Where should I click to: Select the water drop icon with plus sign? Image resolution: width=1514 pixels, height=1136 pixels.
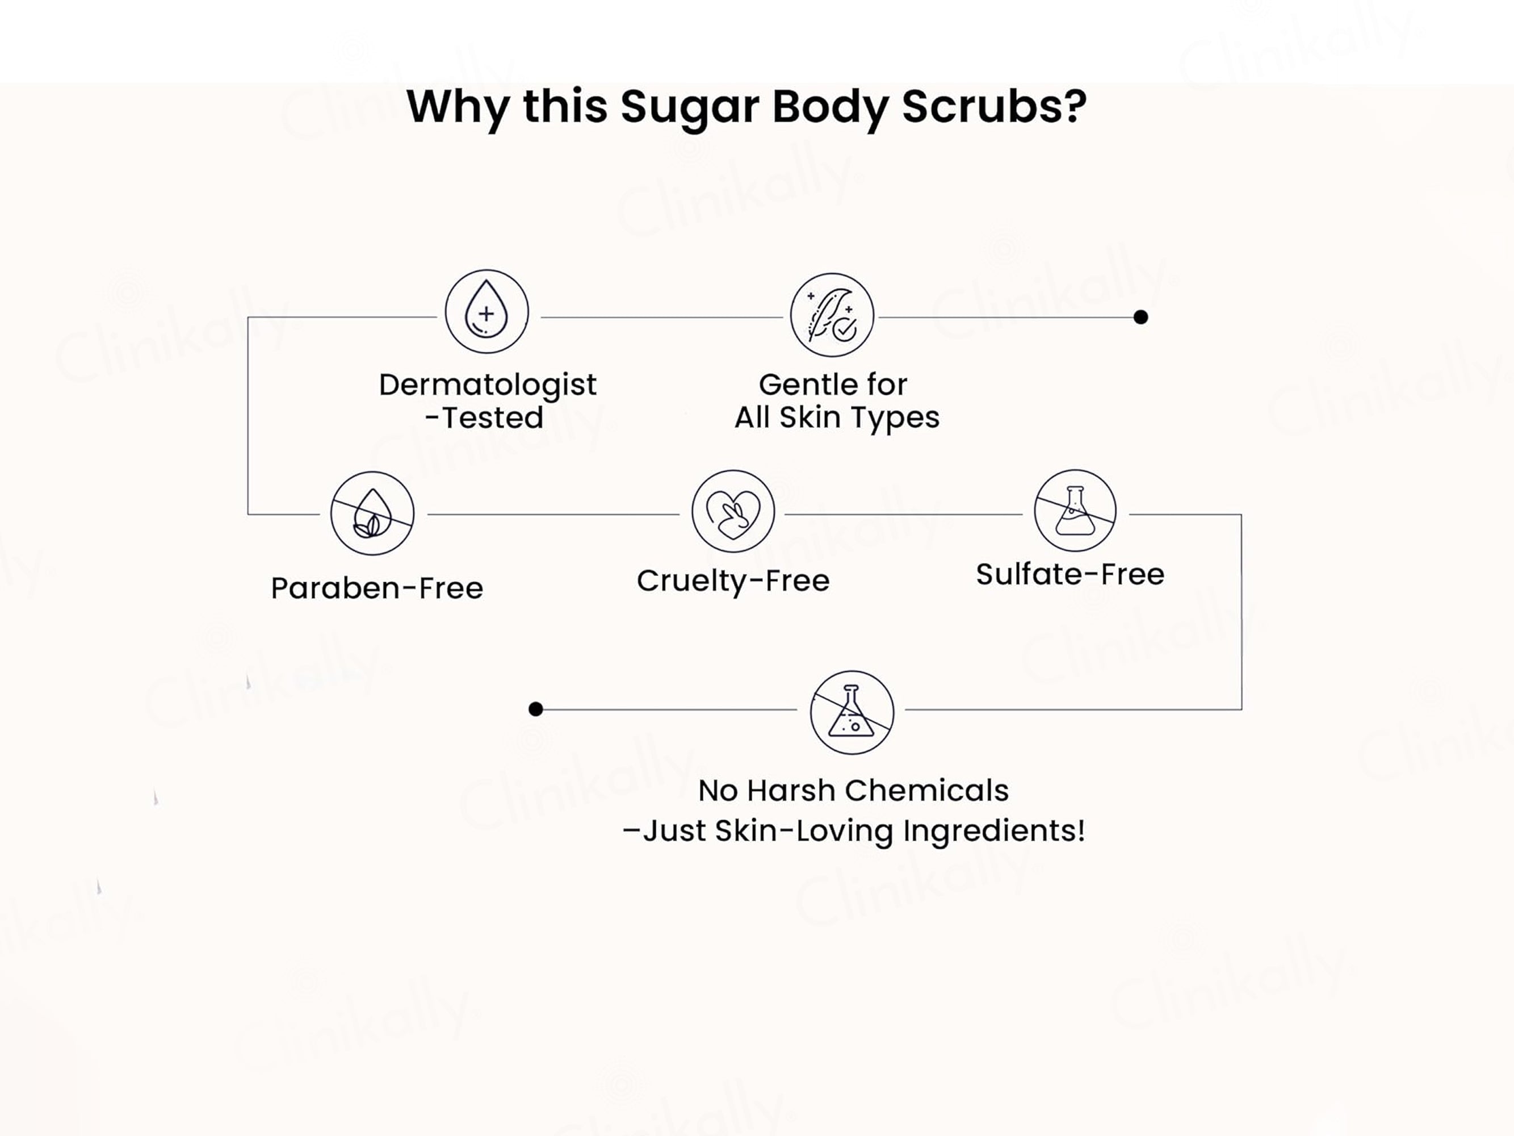487,312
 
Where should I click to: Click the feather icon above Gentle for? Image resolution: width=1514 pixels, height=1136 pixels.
832,315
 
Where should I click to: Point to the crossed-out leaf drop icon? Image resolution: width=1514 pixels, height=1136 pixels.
372,513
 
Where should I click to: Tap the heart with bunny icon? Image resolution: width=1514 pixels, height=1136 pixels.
733,512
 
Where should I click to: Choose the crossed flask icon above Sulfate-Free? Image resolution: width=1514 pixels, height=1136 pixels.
1075,511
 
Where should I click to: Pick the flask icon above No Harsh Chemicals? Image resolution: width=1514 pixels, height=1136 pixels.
852,712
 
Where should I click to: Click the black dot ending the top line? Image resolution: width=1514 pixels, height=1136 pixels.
1140,317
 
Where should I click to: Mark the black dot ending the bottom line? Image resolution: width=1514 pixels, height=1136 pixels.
536,709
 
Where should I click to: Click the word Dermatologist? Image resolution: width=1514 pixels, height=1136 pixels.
487,386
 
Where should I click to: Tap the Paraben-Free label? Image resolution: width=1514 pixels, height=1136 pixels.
377,588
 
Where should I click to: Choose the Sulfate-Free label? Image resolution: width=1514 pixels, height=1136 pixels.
1070,574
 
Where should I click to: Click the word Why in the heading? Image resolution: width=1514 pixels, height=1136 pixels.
457,108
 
